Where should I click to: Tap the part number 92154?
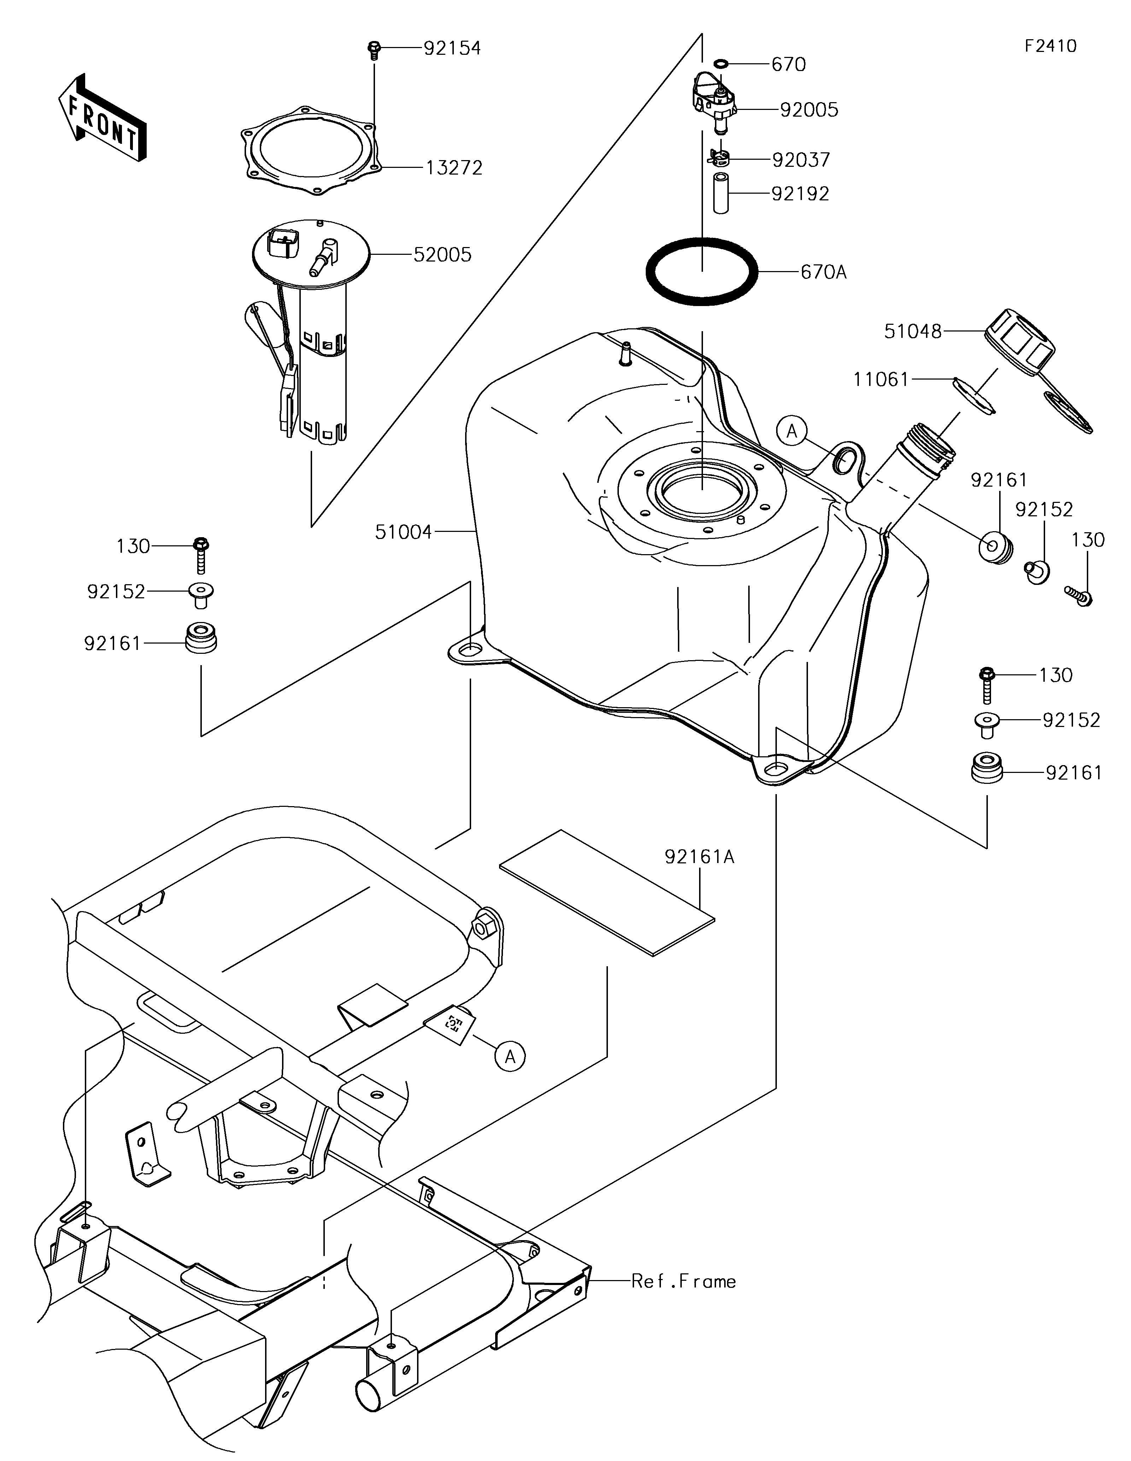pyautogui.click(x=452, y=48)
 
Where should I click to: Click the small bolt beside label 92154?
pyautogui.click(x=374, y=50)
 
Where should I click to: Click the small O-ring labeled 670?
pyautogui.click(x=720, y=64)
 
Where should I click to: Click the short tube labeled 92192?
pyautogui.click(x=720, y=193)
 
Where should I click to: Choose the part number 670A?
pyautogui.click(x=824, y=272)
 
